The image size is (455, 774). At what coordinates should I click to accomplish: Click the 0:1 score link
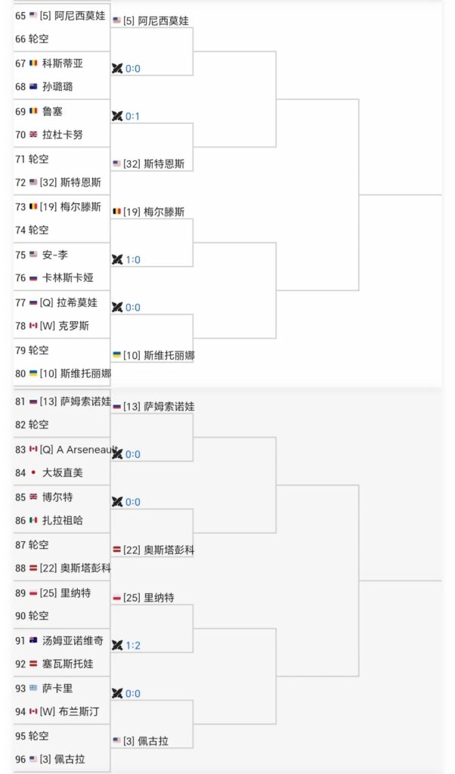(132, 116)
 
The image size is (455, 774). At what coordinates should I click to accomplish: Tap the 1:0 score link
(132, 260)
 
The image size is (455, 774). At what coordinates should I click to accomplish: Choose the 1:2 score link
(132, 645)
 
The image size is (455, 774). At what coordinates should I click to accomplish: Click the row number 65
(20, 15)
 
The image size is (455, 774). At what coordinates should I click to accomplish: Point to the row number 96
(20, 759)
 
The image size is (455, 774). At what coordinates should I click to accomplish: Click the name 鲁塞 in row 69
(53, 111)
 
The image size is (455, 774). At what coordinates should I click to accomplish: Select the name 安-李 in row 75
(55, 255)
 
